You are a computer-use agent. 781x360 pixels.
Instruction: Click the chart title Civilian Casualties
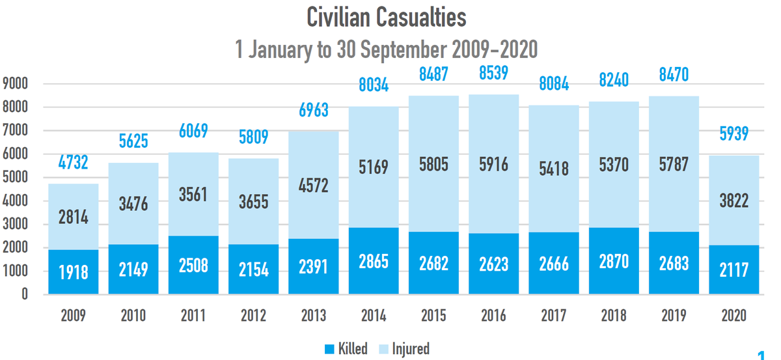pos(387,18)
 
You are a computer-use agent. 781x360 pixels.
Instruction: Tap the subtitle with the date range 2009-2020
pos(387,49)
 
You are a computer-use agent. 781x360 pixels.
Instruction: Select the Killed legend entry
pos(346,349)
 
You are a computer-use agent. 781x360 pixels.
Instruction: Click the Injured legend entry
pos(404,349)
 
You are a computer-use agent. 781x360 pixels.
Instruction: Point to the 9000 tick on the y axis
pos(15,84)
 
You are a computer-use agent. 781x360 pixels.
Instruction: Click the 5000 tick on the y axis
pos(15,178)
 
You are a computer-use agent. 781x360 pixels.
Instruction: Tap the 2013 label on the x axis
pos(314,316)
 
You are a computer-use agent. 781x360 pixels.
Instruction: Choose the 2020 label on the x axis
pos(733,316)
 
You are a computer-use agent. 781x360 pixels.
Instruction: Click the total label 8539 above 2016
pos(493,73)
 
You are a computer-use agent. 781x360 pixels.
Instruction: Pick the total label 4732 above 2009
pos(74,162)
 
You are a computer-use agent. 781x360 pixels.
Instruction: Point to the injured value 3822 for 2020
pos(733,201)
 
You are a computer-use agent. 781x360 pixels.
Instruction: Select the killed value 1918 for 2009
pos(74,271)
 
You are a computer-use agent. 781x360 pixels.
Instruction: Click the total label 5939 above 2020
pos(733,134)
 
